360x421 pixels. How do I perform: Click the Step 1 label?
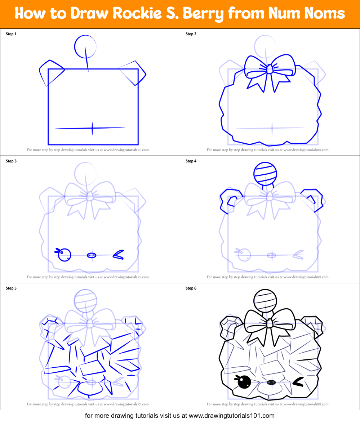(x=11, y=34)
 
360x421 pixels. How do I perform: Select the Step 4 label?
(x=191, y=161)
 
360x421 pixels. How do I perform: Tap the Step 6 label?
(x=191, y=288)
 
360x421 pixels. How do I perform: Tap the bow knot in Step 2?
(x=269, y=70)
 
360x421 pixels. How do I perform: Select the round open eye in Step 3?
(x=65, y=255)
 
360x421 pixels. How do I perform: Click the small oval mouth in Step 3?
(x=92, y=255)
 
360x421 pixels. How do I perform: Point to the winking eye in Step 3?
(x=118, y=255)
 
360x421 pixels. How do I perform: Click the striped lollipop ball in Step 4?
(x=265, y=174)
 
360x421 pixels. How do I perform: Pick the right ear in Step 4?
(x=315, y=199)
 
